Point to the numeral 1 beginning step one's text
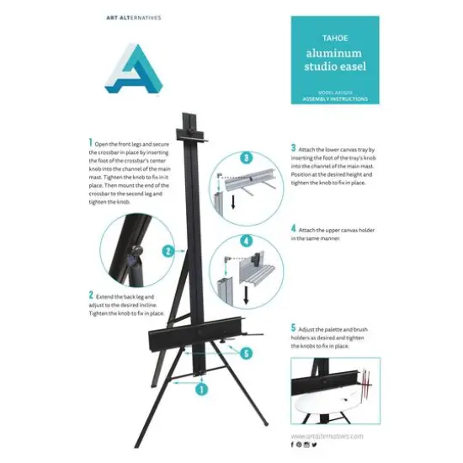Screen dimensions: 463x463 pos(91,144)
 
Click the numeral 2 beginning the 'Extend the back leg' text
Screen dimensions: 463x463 pos(91,295)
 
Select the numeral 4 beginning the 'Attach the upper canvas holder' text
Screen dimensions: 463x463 pos(293,227)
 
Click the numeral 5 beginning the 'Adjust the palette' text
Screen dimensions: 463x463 pos(293,327)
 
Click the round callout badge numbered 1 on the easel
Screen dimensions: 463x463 pos(202,389)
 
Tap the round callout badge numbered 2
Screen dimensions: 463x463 pos(169,250)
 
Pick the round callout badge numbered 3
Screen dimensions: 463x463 pos(247,157)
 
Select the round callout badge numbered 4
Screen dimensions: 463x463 pos(247,240)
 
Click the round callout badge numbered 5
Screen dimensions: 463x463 pos(246,354)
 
